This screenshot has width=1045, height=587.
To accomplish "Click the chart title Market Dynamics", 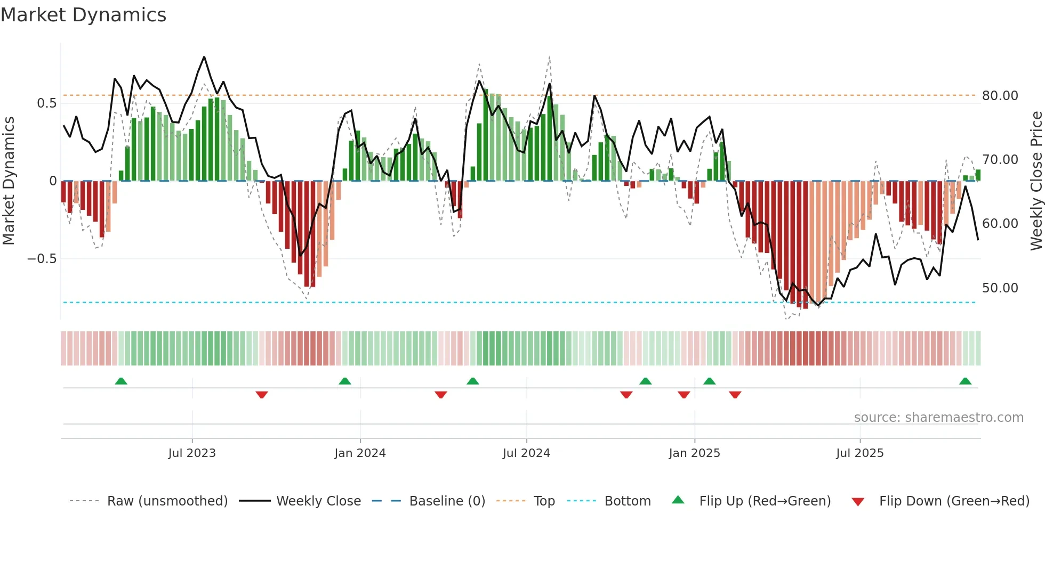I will [83, 15].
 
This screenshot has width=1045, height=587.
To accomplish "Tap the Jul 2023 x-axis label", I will [192, 453].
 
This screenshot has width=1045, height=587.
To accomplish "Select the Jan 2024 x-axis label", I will [360, 453].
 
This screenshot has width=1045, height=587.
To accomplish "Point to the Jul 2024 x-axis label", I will [526, 453].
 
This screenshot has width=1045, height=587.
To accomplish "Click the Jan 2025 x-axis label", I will [694, 453].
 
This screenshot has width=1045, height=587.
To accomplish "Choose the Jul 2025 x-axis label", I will [859, 453].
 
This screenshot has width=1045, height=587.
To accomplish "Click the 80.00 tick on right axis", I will [1000, 96].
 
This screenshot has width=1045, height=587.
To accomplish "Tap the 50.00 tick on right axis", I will [1000, 288].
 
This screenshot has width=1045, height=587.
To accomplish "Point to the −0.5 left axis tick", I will [42, 259].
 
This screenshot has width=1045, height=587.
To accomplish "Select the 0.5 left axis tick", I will [46, 103].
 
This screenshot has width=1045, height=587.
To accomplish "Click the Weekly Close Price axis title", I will [1036, 181].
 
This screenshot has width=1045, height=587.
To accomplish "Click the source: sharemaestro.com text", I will [938, 418].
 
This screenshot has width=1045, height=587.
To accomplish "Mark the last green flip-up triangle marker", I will [965, 381].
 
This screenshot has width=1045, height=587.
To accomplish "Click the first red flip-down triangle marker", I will [262, 395].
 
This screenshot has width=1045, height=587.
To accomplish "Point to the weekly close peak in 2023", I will [204, 57].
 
